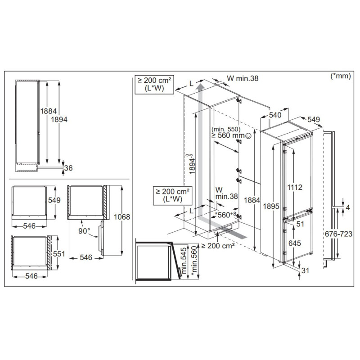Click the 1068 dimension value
121,217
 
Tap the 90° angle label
84,231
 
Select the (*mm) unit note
341,76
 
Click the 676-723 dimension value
338,234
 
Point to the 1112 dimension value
295,187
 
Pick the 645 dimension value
295,243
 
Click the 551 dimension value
59,254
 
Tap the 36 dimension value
68,168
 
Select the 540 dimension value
275,115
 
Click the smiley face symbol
248,136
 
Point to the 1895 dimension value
271,206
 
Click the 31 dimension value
305,271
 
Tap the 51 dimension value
300,224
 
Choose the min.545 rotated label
184,261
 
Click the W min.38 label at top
243,78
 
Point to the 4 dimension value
347,208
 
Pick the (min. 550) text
226,129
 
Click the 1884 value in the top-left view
49,111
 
